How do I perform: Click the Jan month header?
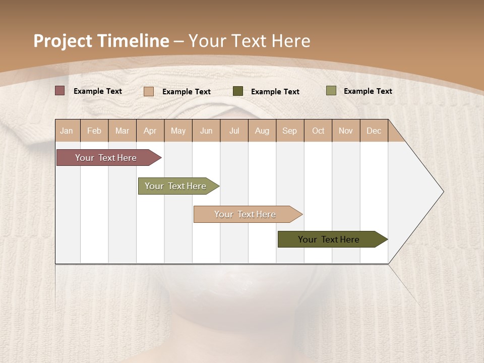point(67,131)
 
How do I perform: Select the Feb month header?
point(94,131)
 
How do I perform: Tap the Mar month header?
point(122,131)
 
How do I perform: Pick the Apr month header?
point(150,131)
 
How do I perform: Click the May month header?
point(178,131)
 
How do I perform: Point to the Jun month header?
point(206,131)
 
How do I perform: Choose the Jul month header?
point(234,131)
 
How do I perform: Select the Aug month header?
point(262,131)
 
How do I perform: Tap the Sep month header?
point(290,131)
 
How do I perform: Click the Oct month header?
point(318,131)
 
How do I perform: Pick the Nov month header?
point(346,131)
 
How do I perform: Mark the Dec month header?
point(374,131)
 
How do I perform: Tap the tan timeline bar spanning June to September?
point(246,214)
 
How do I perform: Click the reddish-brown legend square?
point(60,91)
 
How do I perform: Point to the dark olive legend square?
point(238,91)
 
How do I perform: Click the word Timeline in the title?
point(133,41)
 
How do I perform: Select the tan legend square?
point(149,91)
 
